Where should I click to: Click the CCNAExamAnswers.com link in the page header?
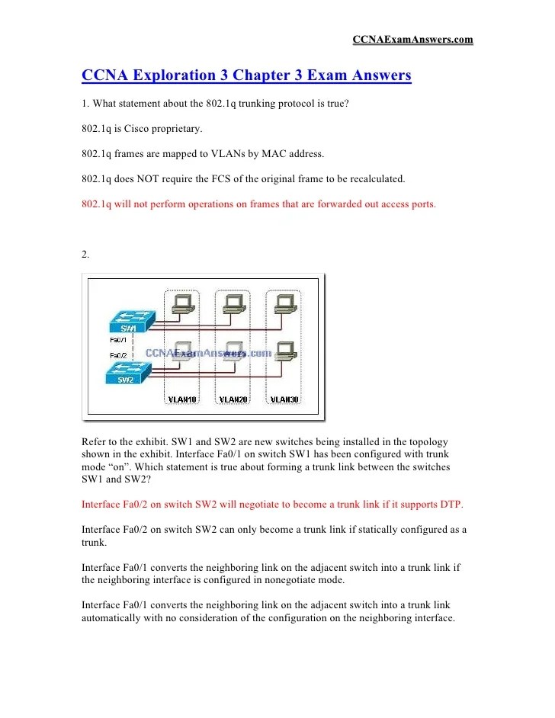coord(412,39)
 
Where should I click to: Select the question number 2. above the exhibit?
coord(85,255)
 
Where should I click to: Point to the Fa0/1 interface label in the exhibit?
coord(118,340)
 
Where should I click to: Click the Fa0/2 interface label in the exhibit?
coord(118,355)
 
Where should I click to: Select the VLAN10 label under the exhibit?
coord(181,399)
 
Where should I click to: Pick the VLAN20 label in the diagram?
coord(233,399)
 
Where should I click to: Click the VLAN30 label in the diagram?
coord(284,399)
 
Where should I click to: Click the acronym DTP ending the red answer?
coord(450,505)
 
